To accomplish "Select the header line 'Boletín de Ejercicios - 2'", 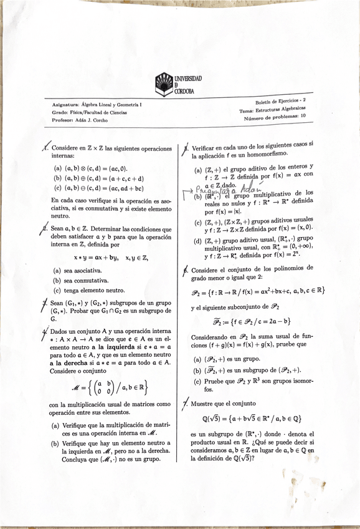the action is (280, 101).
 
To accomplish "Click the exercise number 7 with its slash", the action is (186, 404).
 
